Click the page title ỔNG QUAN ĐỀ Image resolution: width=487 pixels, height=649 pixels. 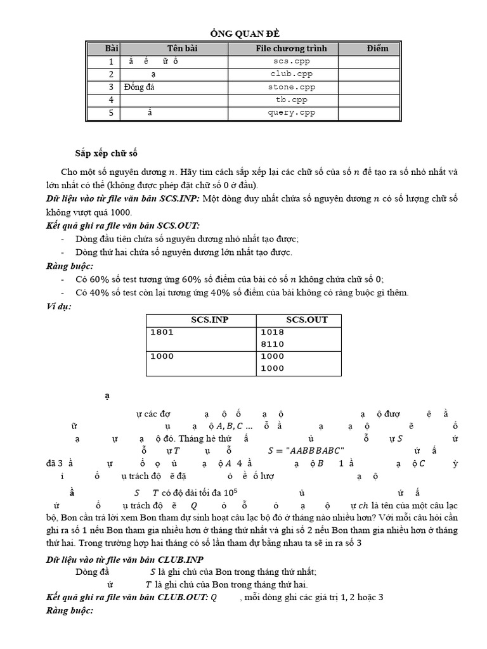tap(243, 34)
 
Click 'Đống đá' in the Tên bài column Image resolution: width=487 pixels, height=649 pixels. tap(140, 87)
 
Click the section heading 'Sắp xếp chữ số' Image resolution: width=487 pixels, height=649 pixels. tap(106, 153)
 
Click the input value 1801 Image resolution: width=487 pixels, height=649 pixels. tap(162, 332)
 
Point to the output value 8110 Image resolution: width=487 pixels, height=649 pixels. tap(272, 344)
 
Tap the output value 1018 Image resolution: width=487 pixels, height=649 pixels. tap(272, 332)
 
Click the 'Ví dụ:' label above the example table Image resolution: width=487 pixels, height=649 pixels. tap(58, 307)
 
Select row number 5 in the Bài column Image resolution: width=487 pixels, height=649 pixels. tap(110, 113)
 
